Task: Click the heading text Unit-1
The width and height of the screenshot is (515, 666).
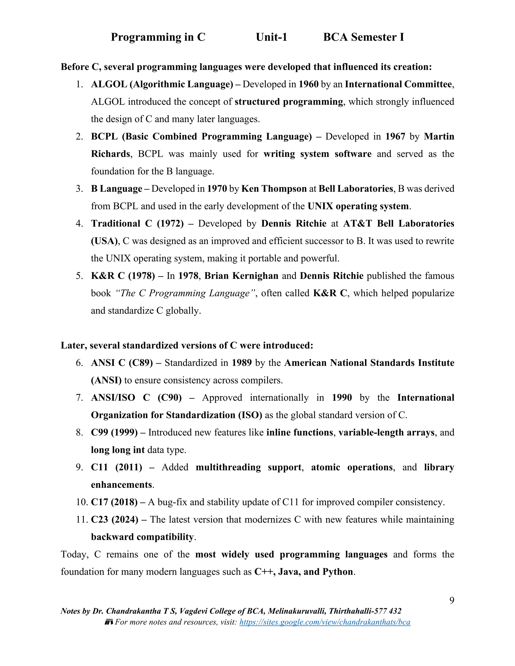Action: tap(271, 37)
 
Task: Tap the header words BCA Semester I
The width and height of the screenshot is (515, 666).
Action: tap(363, 37)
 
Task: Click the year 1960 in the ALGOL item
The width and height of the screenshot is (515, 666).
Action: tap(309, 84)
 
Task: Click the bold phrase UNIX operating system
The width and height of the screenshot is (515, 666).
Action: tap(358, 206)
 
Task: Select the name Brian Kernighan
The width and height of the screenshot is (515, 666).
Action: tap(241, 276)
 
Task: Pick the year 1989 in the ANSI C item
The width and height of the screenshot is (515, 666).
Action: tap(242, 363)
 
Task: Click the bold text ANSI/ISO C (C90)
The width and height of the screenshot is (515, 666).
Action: tap(136, 398)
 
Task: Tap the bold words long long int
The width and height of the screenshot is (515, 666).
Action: tap(118, 450)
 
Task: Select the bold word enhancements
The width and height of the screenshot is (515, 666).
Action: tap(121, 485)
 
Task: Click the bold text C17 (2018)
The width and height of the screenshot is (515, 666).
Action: tap(114, 502)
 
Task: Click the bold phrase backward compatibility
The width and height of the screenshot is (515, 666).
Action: tap(142, 537)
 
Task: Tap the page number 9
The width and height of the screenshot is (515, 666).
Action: tap(452, 600)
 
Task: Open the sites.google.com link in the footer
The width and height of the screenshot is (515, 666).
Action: tap(325, 622)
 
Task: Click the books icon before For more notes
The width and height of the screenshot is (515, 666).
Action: tap(109, 622)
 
